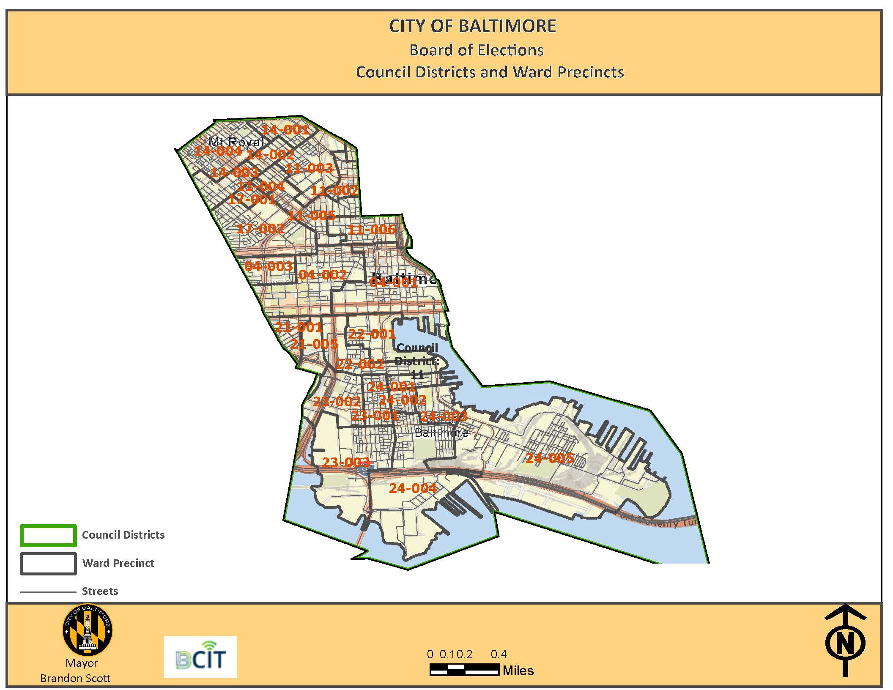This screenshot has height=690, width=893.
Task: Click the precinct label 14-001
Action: [x=285, y=129]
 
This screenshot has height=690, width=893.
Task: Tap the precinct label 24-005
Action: [x=550, y=458]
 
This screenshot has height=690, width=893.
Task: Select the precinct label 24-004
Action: [x=413, y=488]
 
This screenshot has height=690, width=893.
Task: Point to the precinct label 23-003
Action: [x=345, y=462]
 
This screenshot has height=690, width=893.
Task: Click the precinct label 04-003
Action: [x=268, y=266]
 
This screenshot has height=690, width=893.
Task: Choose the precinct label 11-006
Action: [x=371, y=230]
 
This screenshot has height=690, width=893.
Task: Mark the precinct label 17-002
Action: [x=260, y=229]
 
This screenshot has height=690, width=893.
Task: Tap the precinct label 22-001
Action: [x=371, y=334]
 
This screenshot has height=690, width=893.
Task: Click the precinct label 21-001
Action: [x=299, y=327]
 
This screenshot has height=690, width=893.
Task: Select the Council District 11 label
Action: [x=417, y=361]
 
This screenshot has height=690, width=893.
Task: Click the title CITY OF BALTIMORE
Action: [x=472, y=26]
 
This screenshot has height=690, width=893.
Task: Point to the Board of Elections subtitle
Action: [x=476, y=50]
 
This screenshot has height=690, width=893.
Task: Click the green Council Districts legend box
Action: [x=48, y=535]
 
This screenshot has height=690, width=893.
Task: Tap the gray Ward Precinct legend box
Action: [x=48, y=564]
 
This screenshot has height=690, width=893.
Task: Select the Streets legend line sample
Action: [x=48, y=592]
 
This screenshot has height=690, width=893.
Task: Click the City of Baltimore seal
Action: [x=88, y=630]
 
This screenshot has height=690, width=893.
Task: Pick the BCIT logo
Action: [x=200, y=657]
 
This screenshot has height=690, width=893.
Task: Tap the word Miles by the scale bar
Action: [x=518, y=671]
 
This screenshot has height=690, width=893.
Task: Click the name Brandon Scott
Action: [x=75, y=678]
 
